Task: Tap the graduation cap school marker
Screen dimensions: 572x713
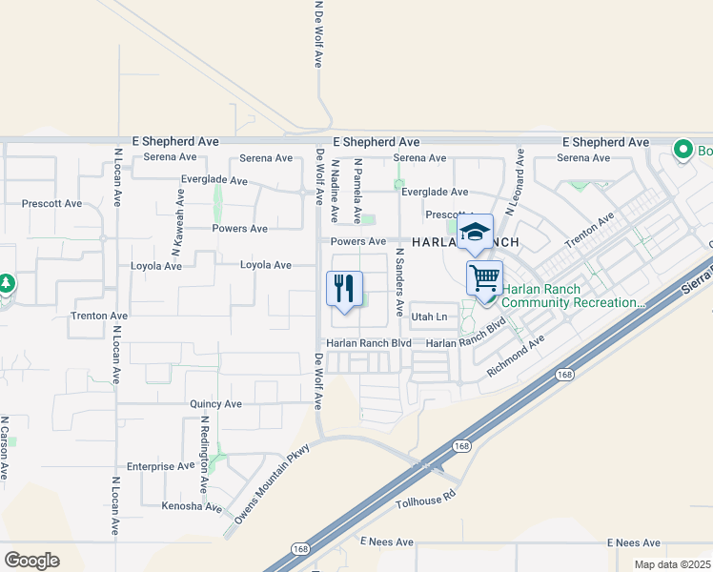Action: pyautogui.click(x=474, y=232)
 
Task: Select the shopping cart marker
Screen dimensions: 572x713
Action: pyautogui.click(x=484, y=278)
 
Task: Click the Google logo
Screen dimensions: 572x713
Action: pyautogui.click(x=31, y=561)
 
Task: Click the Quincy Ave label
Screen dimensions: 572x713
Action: pyautogui.click(x=215, y=404)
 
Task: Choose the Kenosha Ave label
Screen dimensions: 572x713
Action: pyautogui.click(x=192, y=506)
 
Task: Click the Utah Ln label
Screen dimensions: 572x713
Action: pyautogui.click(x=428, y=317)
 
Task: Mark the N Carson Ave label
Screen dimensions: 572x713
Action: pyautogui.click(x=5, y=447)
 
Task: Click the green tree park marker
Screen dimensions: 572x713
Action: pyautogui.click(x=6, y=284)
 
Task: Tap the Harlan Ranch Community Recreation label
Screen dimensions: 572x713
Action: pyautogui.click(x=572, y=296)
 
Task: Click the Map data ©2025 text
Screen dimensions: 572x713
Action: pyautogui.click(x=671, y=564)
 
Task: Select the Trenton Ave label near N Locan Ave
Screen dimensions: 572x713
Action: pyautogui.click(x=99, y=315)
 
